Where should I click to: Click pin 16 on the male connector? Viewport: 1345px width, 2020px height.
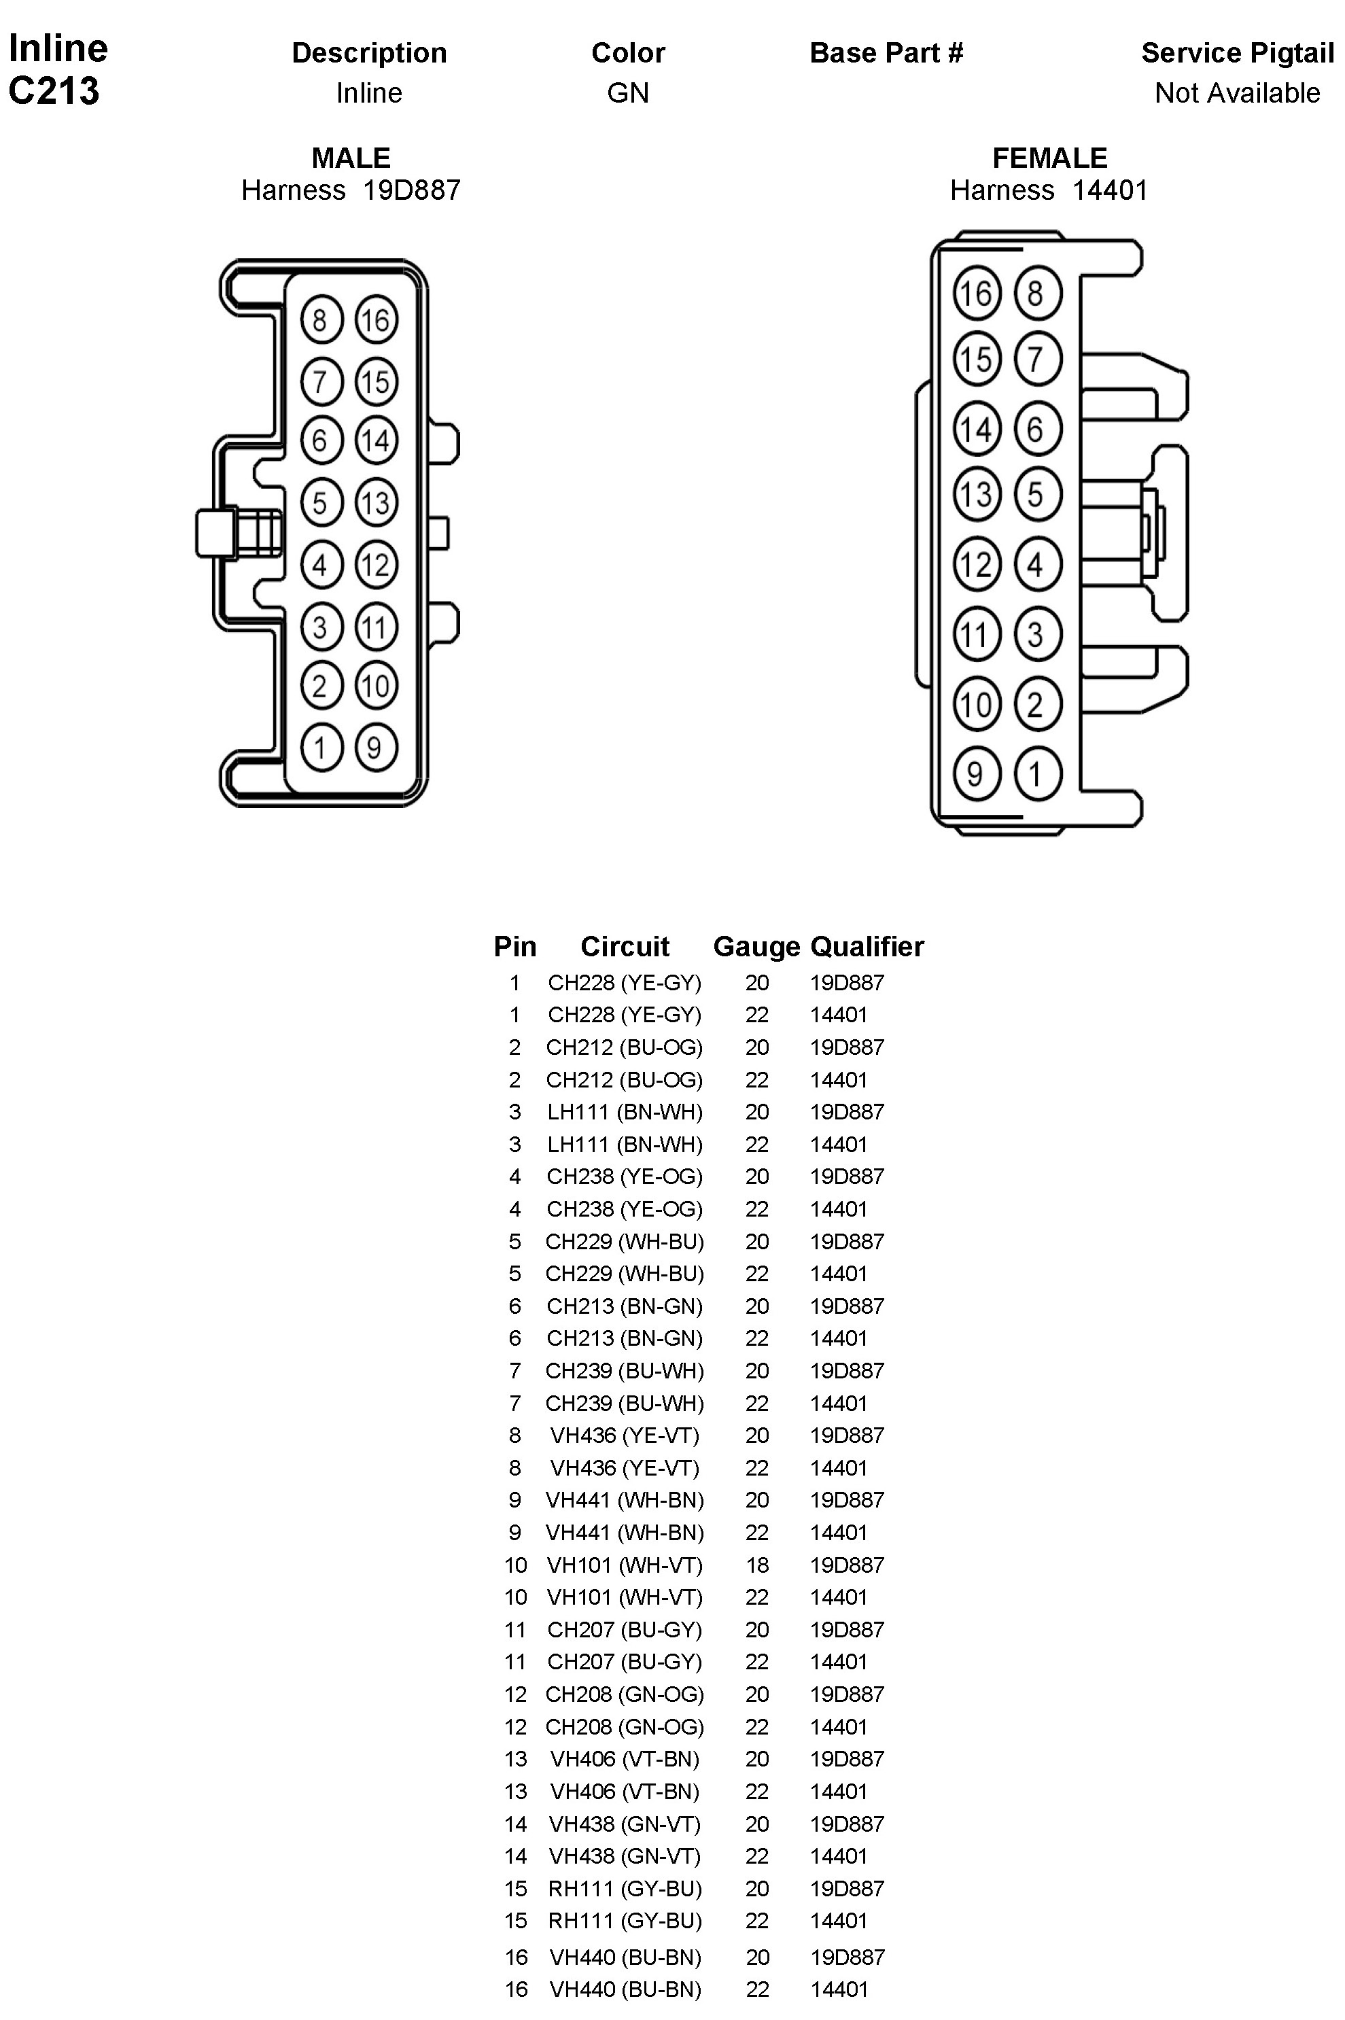pos(376,320)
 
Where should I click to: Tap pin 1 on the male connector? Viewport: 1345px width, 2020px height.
pos(321,747)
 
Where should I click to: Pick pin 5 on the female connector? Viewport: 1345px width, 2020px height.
pos(1037,494)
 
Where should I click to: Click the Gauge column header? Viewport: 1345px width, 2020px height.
pos(756,946)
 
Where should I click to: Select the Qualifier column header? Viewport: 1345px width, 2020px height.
pos(867,946)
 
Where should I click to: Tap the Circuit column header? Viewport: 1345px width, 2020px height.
pos(625,946)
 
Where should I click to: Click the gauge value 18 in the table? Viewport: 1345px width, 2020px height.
pos(756,1565)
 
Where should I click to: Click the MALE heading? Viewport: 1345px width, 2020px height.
pos(351,158)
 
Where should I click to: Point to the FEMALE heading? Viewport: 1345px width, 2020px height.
pos(1049,158)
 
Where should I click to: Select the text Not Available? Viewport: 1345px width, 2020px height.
pos(1237,92)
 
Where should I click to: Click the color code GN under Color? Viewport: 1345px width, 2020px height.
pos(628,92)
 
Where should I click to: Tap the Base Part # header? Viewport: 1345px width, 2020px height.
pos(886,53)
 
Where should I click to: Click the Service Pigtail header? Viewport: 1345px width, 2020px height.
pos(1237,53)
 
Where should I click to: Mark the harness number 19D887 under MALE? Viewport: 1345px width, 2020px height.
pos(412,190)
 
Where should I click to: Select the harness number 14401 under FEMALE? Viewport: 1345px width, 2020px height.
pos(1110,190)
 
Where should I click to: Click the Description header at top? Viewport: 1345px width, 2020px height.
pos(369,53)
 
